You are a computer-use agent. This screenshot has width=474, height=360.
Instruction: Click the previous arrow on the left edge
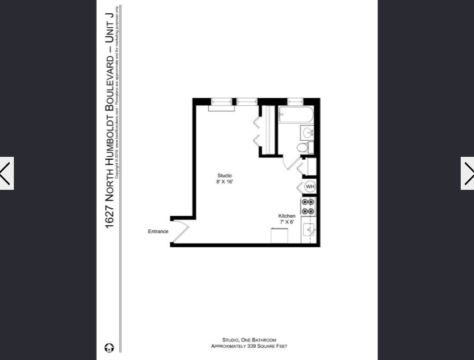click(6, 173)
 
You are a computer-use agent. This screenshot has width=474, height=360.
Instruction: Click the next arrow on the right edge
click(467, 173)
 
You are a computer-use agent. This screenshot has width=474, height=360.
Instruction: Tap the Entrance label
click(158, 232)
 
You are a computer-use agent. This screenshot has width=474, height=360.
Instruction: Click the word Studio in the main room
click(225, 175)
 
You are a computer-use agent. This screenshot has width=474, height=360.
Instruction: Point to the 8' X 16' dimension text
click(225, 182)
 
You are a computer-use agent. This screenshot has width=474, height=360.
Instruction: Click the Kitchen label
click(287, 216)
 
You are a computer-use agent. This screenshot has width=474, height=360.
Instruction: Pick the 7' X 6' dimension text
click(287, 222)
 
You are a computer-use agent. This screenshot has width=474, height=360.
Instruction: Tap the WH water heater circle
click(310, 186)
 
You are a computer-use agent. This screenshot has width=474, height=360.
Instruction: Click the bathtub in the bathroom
click(296, 115)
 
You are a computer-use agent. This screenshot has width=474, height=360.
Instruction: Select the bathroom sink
click(308, 133)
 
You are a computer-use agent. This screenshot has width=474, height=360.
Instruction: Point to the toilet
click(303, 148)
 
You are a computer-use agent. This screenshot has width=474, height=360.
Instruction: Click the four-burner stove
click(308, 207)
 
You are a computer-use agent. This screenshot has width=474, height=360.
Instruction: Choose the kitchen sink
click(310, 230)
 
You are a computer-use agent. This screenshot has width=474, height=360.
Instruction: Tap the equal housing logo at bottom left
click(109, 347)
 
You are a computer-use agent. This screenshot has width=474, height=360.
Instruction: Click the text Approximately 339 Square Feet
click(249, 346)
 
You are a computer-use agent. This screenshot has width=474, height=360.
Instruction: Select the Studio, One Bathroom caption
click(249, 340)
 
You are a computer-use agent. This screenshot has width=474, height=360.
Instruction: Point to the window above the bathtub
click(296, 101)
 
